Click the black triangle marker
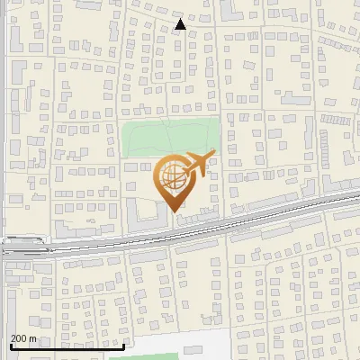180,24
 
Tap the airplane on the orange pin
195,166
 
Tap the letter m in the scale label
33,338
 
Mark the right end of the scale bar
123,346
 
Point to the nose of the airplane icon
214,152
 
